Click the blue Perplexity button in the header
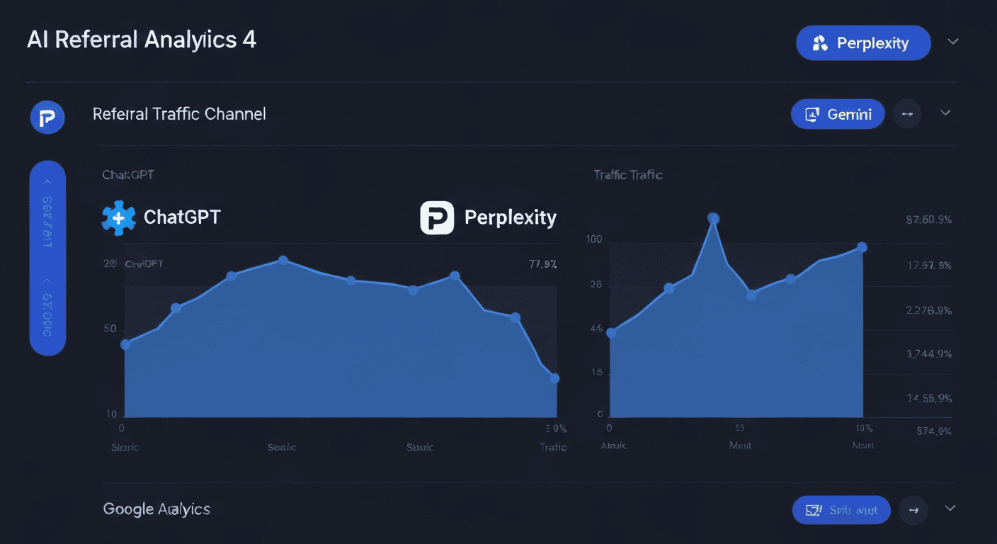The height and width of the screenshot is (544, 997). coord(863,43)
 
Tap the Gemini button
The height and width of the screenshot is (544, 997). coord(838,114)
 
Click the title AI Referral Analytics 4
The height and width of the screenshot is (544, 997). coord(142,40)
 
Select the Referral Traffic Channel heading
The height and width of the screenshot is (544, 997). coord(179,114)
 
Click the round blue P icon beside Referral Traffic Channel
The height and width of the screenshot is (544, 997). coord(47,116)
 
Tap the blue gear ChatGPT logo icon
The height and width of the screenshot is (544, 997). coord(118,217)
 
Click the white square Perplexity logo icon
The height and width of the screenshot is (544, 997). coord(437,217)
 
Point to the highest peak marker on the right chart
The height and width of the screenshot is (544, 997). coord(714,218)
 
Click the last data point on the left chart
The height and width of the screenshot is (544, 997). coord(554,378)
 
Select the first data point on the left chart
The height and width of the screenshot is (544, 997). coord(125,344)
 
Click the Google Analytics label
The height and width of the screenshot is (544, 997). coord(156,509)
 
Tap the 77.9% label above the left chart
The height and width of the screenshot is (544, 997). coord(542,265)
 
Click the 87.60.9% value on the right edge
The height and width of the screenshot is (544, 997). coord(928,220)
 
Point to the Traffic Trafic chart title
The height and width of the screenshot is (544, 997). coord(628,174)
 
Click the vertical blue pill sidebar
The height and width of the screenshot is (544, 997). coord(47,258)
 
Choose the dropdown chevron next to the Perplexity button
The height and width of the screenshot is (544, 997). coord(953,42)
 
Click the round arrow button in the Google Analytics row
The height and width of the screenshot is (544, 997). coord(913,509)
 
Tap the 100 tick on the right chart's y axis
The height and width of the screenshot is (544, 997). coord(594,239)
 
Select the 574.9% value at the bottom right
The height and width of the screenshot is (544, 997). coord(929,431)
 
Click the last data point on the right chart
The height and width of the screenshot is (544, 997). coord(862,247)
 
